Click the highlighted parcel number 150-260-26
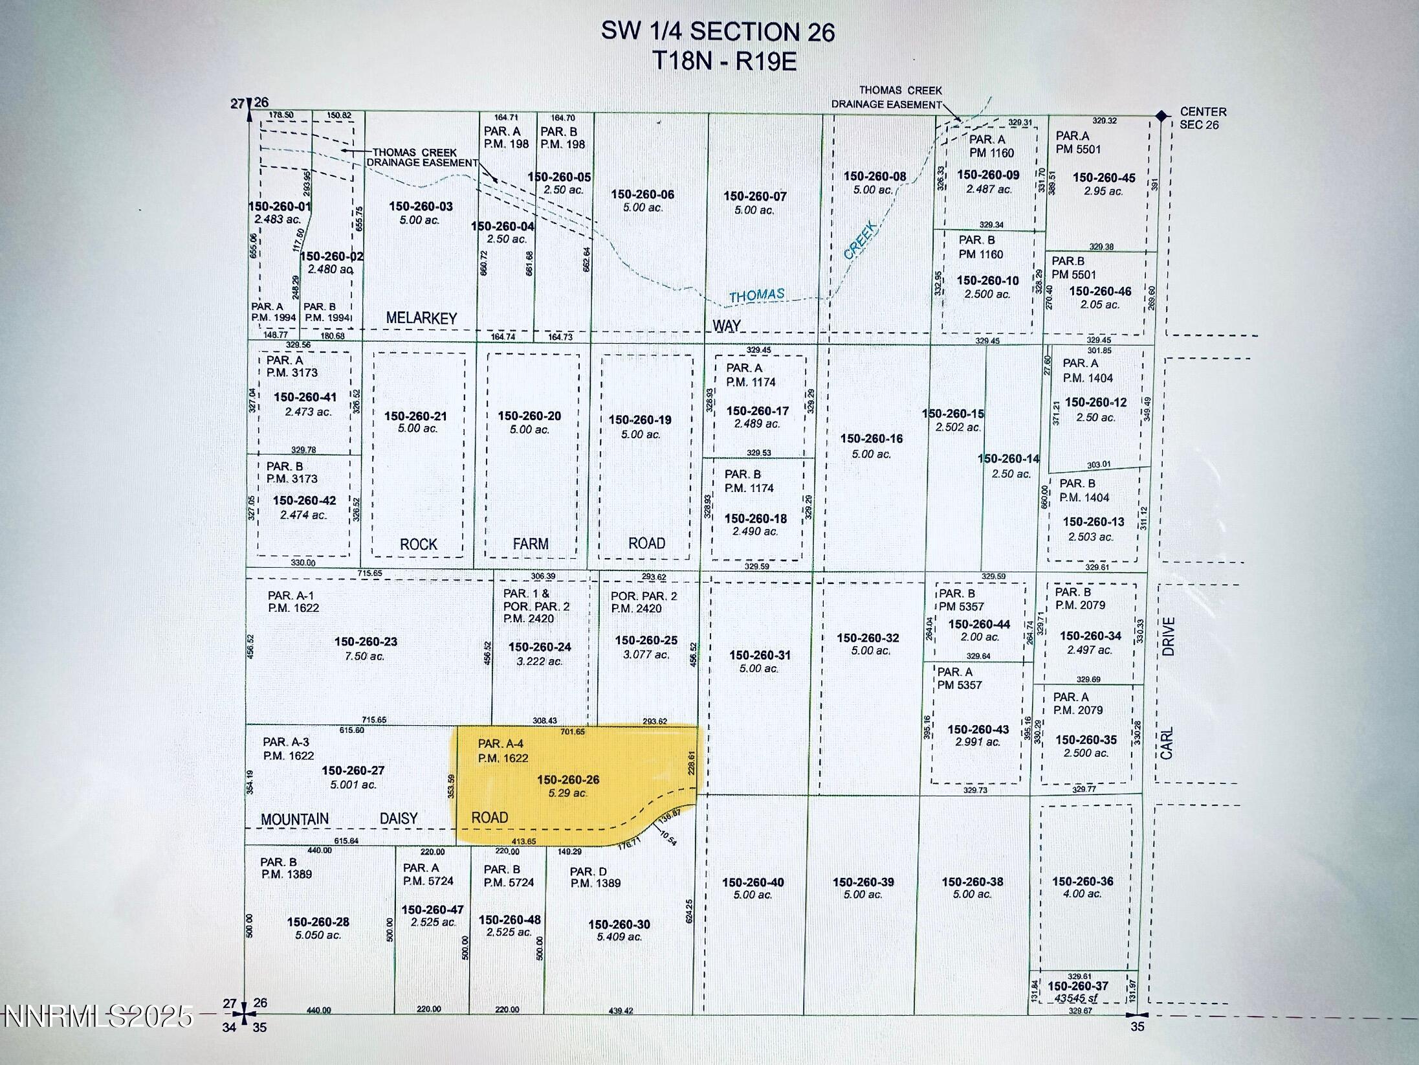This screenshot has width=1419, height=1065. click(x=567, y=780)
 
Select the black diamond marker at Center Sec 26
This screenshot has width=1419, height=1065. click(x=1161, y=116)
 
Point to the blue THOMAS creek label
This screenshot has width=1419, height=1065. click(x=756, y=296)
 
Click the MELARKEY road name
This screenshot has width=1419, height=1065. click(x=421, y=318)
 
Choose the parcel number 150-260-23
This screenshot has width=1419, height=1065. click(x=366, y=642)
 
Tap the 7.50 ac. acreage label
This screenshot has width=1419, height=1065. click(x=366, y=656)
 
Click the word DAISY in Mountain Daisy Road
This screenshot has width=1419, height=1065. click(x=399, y=819)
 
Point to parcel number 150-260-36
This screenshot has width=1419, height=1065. click(x=1083, y=881)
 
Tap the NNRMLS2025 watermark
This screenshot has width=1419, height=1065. click(x=97, y=1016)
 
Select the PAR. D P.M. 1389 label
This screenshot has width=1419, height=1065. click(x=595, y=877)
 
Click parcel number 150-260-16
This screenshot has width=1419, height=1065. click(x=871, y=439)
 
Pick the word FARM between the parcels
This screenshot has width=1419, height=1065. click(x=531, y=544)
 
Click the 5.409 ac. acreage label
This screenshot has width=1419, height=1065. click(x=619, y=937)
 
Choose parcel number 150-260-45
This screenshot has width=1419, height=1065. click(x=1104, y=178)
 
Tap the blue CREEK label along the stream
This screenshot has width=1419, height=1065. click(x=861, y=240)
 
